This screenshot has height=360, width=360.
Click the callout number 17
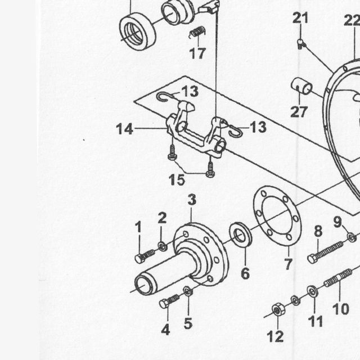click(197, 53)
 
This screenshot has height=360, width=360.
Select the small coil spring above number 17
click(197, 32)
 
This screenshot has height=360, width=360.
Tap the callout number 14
click(125, 129)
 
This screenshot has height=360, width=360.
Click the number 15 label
click(177, 180)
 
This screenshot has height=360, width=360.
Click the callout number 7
click(289, 264)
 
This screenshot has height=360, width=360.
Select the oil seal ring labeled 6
click(241, 236)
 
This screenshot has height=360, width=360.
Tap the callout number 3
click(192, 200)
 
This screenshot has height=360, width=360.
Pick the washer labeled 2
click(163, 246)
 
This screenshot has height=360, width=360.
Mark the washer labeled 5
click(188, 291)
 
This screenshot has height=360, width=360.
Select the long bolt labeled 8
click(326, 253)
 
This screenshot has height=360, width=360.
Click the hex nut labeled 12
click(278, 310)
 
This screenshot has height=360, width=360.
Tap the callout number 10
click(341, 309)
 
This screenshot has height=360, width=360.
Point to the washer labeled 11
click(312, 291)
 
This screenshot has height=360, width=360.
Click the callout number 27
click(299, 112)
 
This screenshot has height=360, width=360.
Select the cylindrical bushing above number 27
click(302, 86)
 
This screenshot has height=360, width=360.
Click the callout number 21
click(300, 18)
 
